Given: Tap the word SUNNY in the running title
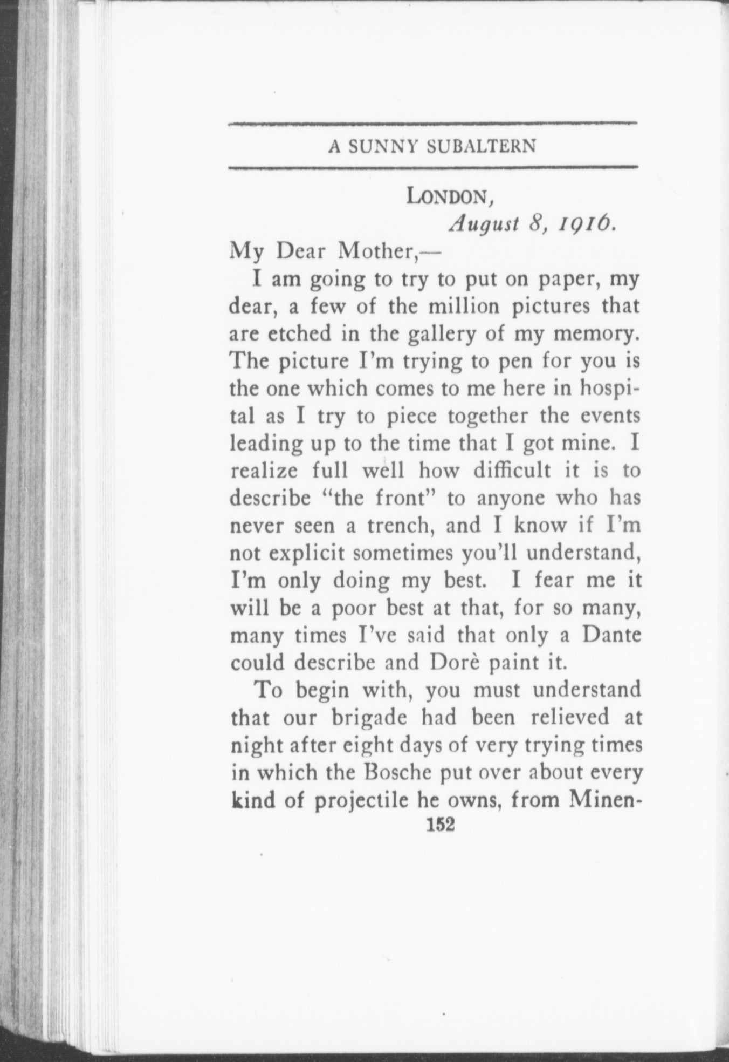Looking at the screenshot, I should [x=382, y=146].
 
